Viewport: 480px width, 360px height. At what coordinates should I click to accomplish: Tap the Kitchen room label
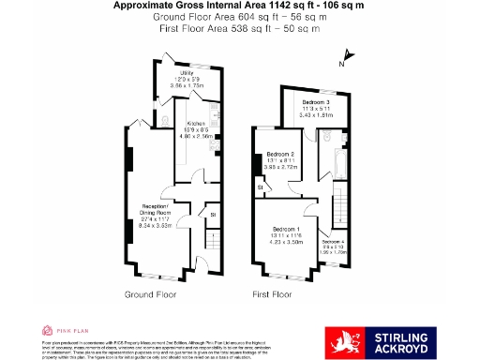196,124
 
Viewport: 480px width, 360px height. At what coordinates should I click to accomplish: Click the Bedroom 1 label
287,229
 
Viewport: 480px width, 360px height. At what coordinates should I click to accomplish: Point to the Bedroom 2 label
280,154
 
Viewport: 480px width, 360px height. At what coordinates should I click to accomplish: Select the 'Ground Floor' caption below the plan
151,294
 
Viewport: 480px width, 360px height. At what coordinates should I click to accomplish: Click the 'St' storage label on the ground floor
212,215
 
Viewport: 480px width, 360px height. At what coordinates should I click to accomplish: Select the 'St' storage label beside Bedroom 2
260,187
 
